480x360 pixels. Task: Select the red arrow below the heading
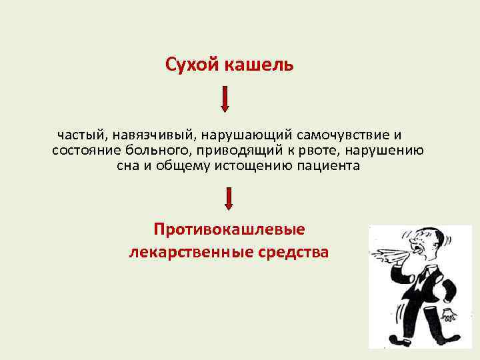point(225,99)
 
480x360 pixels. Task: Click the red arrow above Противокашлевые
point(229,199)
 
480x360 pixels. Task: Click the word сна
point(127,166)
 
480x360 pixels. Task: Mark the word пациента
point(325,166)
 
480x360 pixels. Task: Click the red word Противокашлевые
point(229,229)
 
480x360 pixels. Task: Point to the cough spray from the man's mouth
point(387,253)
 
